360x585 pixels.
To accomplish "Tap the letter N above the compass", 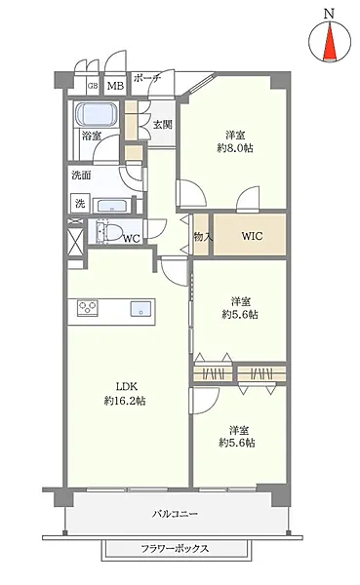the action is [329, 15].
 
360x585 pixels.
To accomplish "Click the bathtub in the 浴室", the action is [97, 114].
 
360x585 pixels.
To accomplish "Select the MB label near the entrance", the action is [116, 86].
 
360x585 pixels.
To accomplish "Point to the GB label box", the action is [93, 86].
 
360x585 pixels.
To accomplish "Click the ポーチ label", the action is [147, 78].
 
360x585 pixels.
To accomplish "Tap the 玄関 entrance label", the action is [163, 124].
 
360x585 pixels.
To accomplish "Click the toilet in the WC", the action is [108, 231].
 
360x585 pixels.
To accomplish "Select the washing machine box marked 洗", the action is [80, 204].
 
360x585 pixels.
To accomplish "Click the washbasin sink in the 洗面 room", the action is [112, 206].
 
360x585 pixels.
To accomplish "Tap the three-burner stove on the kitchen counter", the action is [88, 308].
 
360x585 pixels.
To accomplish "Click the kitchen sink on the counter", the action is [140, 309].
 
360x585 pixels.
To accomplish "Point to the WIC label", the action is [252, 236].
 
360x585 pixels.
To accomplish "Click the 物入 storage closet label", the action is [203, 236].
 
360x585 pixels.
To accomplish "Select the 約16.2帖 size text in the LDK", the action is [125, 402].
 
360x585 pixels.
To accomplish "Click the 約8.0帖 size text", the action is [235, 148].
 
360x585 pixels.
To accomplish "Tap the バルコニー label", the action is [175, 514].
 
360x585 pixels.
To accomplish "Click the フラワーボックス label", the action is [175, 548].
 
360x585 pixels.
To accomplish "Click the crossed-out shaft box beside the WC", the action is [76, 242].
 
